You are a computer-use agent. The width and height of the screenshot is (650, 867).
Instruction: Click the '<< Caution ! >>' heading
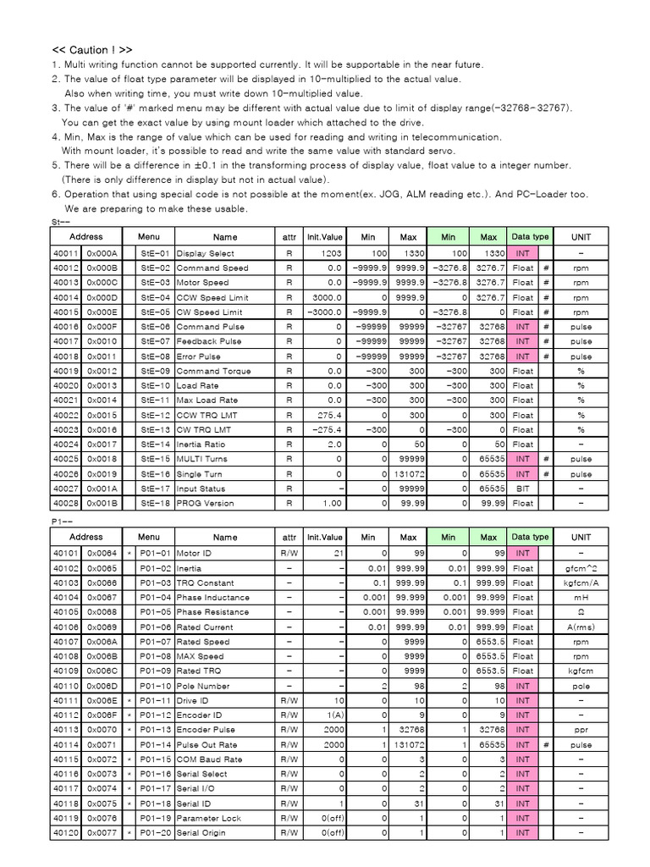[x=92, y=50]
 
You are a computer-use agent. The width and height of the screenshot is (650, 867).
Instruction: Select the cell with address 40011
[x=66, y=253]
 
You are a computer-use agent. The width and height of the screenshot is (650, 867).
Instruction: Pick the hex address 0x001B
[x=103, y=504]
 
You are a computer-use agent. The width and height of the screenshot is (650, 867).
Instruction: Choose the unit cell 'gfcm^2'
[x=581, y=568]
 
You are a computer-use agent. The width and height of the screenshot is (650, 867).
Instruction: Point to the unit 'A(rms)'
[x=581, y=627]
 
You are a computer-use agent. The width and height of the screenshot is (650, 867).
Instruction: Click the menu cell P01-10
[x=155, y=686]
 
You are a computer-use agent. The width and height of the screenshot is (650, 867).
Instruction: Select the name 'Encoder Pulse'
[x=204, y=730]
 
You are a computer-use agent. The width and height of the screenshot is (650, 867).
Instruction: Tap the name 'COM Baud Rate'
[x=208, y=759]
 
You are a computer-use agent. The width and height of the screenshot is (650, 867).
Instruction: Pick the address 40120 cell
[x=66, y=833]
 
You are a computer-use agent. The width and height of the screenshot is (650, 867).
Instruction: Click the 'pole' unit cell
[x=581, y=686]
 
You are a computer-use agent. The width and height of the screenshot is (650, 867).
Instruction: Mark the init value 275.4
[x=329, y=416]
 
